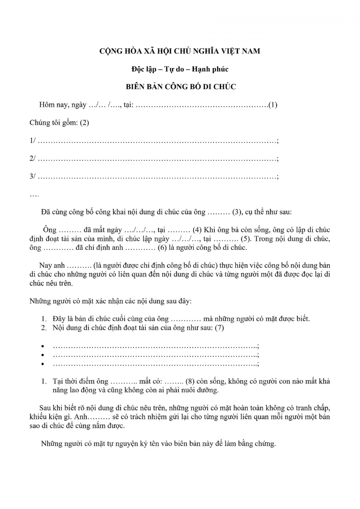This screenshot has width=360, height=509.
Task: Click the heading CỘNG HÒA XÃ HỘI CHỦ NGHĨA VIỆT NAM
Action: click(x=180, y=51)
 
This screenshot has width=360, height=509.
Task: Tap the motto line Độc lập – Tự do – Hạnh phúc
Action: click(x=180, y=69)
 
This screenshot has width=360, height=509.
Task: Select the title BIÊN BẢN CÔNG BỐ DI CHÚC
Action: click(x=180, y=87)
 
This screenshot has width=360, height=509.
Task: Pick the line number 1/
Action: click(x=32, y=141)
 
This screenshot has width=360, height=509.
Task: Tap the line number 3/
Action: click(x=32, y=177)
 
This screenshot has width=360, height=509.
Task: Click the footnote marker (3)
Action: click(x=238, y=212)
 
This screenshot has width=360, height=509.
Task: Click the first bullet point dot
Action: click(x=43, y=346)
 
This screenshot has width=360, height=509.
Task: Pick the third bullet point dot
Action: click(x=43, y=364)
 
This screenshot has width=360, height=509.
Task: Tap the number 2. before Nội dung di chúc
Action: click(x=43, y=328)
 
